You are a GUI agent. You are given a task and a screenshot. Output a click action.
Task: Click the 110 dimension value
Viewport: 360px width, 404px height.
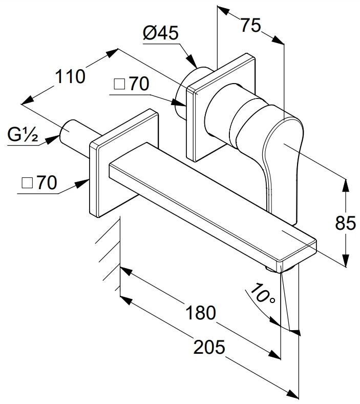point(70,76)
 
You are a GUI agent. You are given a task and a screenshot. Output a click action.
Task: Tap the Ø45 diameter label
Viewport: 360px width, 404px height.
point(161,33)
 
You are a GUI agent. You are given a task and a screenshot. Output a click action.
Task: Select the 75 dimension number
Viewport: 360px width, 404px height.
point(250,25)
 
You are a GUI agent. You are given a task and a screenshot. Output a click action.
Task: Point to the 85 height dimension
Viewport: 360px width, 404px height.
point(345,223)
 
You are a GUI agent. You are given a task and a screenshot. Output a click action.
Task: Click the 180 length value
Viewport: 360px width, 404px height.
point(201,313)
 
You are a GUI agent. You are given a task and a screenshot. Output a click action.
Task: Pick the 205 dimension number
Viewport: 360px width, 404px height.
point(209,347)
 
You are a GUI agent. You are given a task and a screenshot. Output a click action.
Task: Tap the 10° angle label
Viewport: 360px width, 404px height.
point(262,293)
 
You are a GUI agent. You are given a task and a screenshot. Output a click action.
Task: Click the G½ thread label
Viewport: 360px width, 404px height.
point(23,134)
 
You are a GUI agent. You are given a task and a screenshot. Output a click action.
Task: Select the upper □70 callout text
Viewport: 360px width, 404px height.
point(131,84)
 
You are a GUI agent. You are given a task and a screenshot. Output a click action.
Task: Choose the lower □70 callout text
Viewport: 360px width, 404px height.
point(39,183)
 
